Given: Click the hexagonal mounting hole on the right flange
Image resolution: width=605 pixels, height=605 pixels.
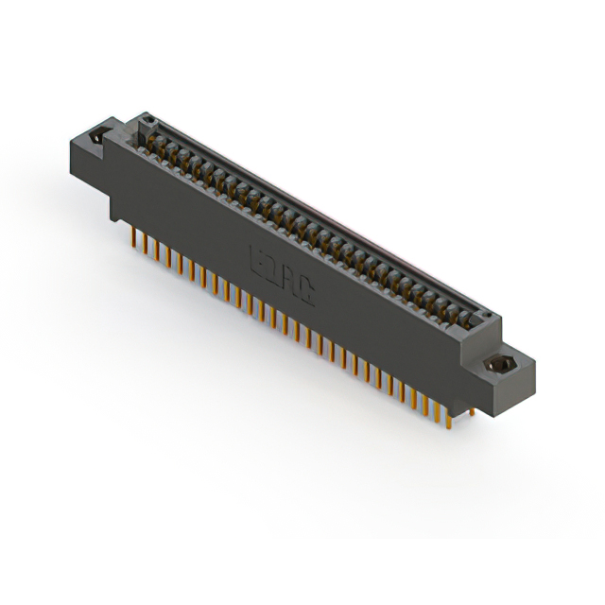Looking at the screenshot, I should [x=497, y=364].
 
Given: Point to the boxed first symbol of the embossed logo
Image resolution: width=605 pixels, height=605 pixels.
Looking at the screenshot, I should [x=257, y=257].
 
